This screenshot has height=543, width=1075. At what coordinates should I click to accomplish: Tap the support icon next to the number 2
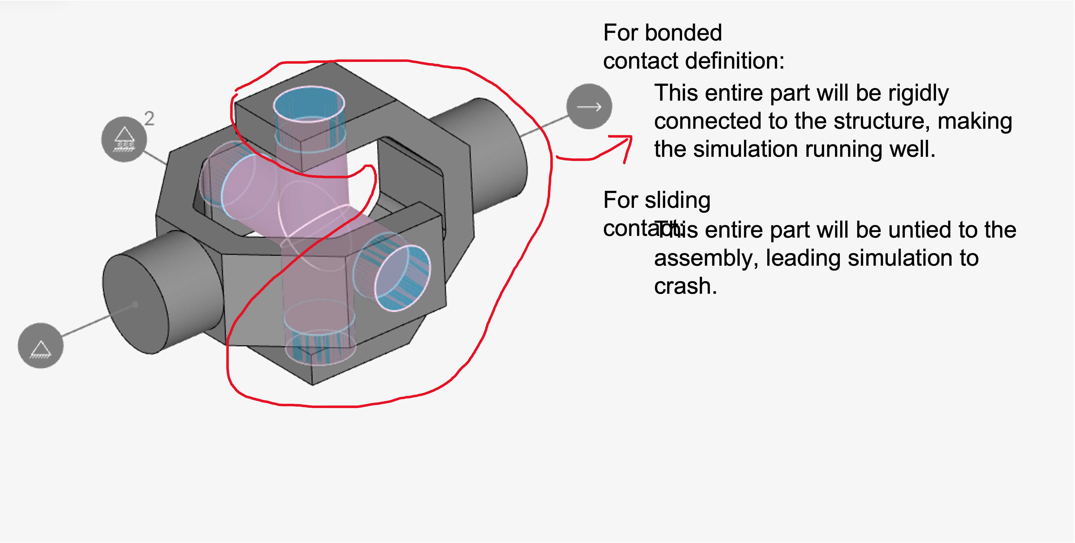pos(124,139)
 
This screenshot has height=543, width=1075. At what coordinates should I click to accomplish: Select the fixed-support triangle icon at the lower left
pos(41,346)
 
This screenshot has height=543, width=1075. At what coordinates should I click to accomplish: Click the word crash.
pos(685,286)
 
